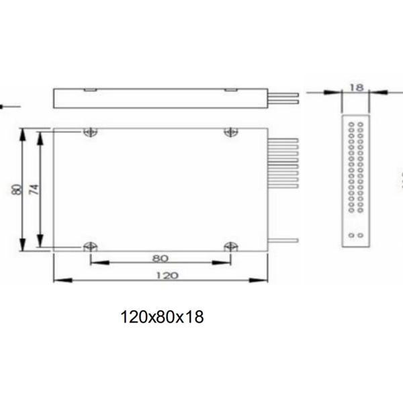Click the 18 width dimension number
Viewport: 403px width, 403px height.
point(357,87)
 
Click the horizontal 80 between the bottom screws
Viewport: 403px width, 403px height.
point(160,257)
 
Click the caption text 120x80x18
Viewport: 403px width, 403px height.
point(161,316)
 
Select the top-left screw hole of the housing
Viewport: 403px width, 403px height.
point(89,132)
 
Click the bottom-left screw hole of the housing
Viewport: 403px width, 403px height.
point(89,247)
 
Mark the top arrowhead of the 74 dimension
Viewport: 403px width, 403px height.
point(40,134)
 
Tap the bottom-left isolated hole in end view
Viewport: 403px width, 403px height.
point(351,235)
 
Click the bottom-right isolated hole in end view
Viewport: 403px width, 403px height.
point(361,235)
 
